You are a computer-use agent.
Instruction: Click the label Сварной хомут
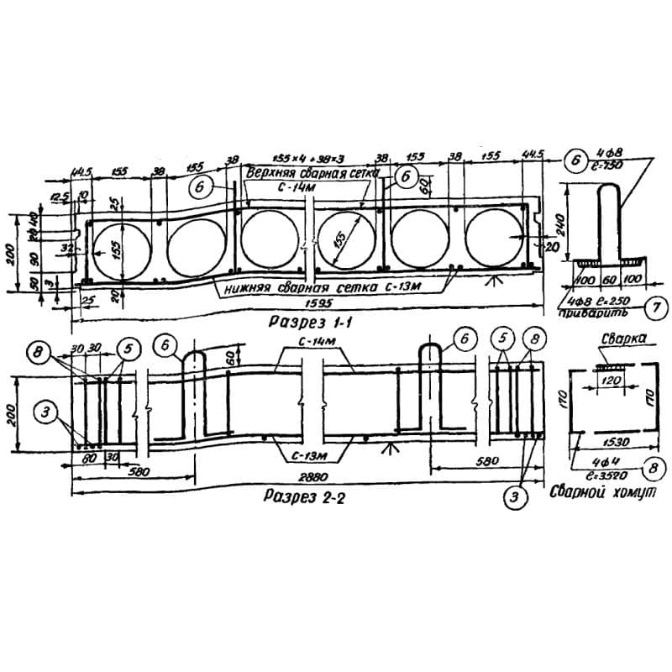click(602, 495)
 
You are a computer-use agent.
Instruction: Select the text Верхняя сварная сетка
click(308, 173)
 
